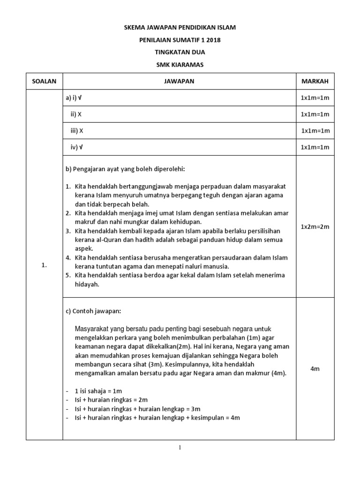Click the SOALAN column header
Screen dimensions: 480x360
tap(44, 81)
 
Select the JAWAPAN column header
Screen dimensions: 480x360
tap(179, 81)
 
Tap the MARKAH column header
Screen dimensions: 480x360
tap(315, 81)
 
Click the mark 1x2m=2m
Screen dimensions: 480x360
tap(315, 227)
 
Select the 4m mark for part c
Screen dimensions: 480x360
tap(315, 369)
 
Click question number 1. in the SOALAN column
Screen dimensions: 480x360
tap(44, 265)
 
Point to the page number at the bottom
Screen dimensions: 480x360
tap(180, 448)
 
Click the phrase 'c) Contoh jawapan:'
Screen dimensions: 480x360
tap(93, 311)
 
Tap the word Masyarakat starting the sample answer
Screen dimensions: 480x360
tap(92, 329)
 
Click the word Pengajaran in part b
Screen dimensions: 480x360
tap(88, 168)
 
